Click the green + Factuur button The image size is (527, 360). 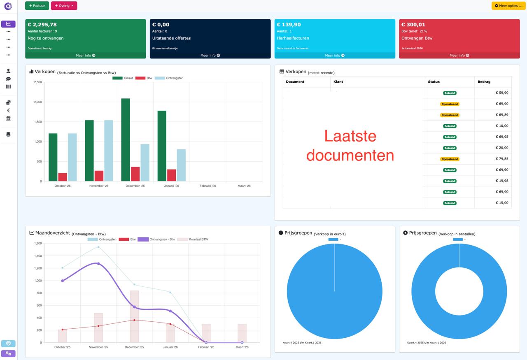[37, 6]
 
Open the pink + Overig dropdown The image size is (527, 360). [64, 6]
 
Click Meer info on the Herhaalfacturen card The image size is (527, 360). [334, 56]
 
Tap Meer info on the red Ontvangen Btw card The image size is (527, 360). [459, 56]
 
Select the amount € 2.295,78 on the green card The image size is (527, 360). [42, 25]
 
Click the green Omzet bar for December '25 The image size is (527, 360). [126, 140]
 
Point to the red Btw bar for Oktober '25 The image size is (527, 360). [63, 177]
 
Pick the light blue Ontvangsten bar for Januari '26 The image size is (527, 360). [181, 165]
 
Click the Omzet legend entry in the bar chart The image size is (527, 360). [123, 78]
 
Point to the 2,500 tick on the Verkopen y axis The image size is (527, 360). [38, 82]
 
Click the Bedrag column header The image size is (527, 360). [484, 82]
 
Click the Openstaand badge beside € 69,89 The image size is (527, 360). [450, 115]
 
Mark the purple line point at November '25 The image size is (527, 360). [98, 264]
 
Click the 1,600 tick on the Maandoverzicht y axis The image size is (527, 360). [38, 244]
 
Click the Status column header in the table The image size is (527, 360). [434, 82]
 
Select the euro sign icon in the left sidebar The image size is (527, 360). [8, 110]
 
